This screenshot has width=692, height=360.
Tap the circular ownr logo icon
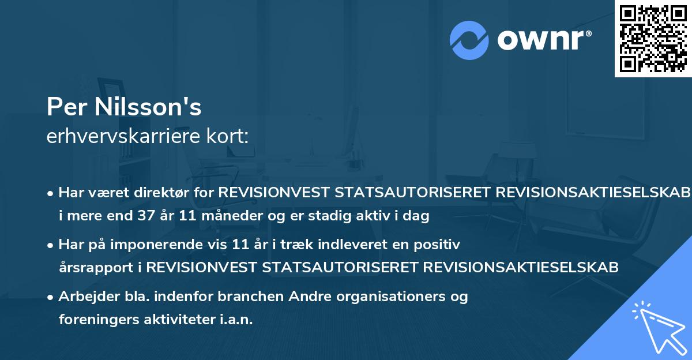(x=469, y=40)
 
